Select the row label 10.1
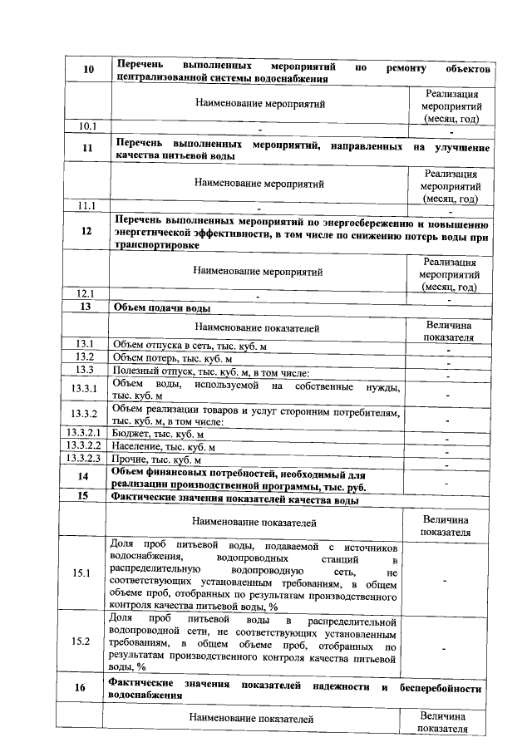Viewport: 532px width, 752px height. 87,126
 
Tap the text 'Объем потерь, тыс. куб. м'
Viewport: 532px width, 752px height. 172,358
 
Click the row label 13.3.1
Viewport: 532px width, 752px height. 86,391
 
